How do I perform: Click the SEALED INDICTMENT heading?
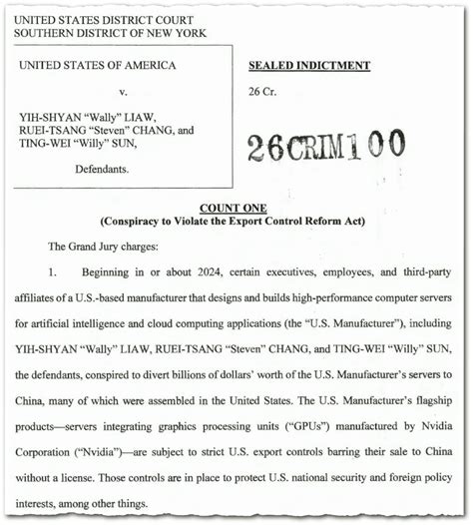coord(308,66)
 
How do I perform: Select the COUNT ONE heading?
coord(232,207)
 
